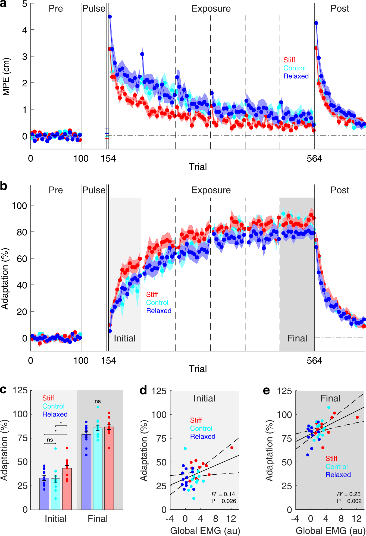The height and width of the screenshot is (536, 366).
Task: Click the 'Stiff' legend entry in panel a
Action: [x=289, y=60]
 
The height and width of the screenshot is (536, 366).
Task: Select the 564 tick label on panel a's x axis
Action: [x=314, y=159]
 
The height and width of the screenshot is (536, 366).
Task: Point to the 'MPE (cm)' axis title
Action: [x=6, y=77]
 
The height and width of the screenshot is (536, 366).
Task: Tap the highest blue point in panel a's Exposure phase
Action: [x=110, y=17]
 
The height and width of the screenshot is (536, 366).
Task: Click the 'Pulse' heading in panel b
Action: [x=94, y=190]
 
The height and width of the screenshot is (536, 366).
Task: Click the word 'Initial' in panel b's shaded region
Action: [x=124, y=338]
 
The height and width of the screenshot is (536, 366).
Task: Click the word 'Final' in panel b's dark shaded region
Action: [x=297, y=338]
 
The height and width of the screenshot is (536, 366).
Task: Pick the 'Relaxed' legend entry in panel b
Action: [x=159, y=311]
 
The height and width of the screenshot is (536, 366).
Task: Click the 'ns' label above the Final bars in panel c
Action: [x=98, y=401]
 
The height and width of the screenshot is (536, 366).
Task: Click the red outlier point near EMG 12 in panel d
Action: [x=232, y=448]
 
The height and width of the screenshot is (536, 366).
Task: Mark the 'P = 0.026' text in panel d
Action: [x=224, y=501]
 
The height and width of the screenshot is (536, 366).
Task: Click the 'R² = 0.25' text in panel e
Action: [x=349, y=494]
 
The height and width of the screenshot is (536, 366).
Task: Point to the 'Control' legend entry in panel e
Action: [x=336, y=467]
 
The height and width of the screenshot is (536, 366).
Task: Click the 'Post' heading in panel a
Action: [x=340, y=9]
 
